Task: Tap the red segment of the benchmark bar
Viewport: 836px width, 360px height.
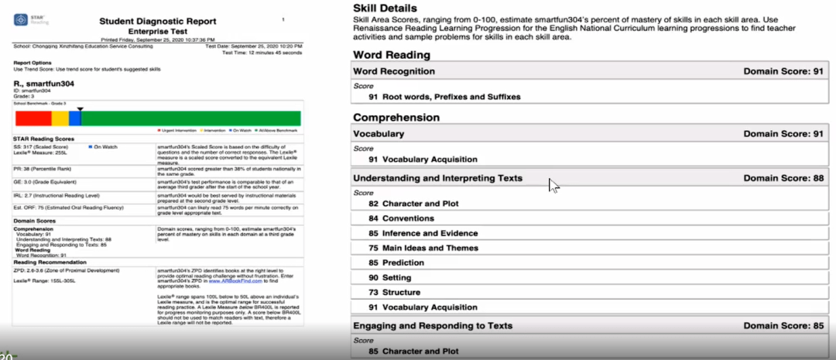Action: (x=33, y=118)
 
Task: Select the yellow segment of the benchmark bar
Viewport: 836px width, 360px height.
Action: (x=60, y=118)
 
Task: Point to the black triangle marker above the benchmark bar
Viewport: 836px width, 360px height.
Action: (x=80, y=109)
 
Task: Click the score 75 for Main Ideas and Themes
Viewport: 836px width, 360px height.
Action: (x=373, y=249)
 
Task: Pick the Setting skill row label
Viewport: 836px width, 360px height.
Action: (x=396, y=277)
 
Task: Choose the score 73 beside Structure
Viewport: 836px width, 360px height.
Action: (x=373, y=292)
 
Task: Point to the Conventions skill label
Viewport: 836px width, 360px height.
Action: (x=408, y=218)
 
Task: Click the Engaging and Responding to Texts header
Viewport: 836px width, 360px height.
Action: (x=433, y=326)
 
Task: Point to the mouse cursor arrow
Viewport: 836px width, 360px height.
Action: (x=553, y=185)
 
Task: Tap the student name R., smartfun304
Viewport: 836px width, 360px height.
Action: (x=43, y=83)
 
